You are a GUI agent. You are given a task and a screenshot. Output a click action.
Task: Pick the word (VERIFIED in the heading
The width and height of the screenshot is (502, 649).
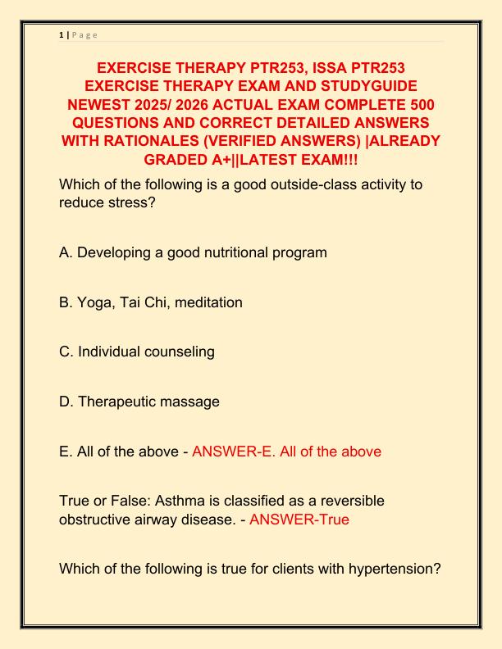point(239,140)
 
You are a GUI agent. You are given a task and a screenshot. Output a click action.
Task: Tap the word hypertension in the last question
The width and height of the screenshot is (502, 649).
point(395,569)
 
